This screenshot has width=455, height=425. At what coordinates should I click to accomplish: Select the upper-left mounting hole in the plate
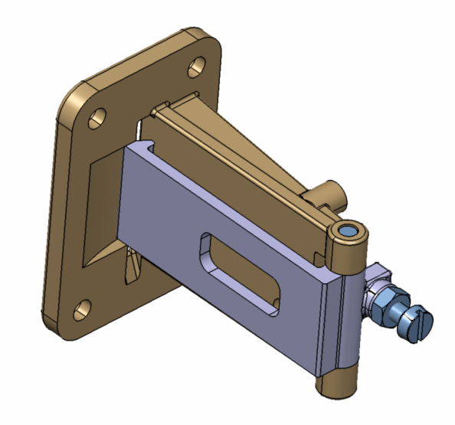(97, 118)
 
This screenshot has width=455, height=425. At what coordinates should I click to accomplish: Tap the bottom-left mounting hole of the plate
(80, 309)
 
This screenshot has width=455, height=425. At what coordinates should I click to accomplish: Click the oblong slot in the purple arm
(237, 275)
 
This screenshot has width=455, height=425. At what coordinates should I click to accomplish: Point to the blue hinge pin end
(349, 230)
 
